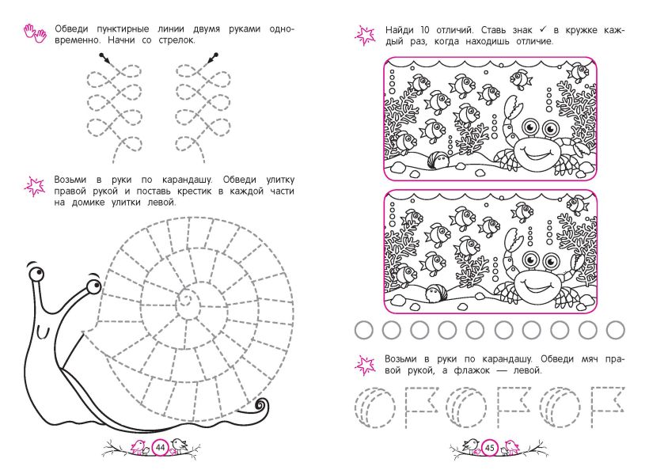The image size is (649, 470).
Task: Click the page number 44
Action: (160, 447)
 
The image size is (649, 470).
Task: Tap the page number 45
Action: (490, 448)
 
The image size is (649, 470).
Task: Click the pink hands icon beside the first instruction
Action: (35, 33)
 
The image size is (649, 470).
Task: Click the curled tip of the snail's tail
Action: (262, 404)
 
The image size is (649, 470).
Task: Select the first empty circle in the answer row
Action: (364, 330)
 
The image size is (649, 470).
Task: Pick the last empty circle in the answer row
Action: (616, 330)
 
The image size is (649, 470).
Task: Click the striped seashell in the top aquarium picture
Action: (438, 160)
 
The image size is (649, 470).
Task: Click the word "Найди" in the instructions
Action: (400, 30)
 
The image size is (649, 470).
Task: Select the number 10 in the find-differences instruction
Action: (425, 30)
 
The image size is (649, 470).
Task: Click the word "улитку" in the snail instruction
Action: (280, 180)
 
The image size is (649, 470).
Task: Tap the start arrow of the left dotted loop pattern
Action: (104, 59)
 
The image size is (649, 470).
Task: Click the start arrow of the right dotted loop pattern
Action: (211, 59)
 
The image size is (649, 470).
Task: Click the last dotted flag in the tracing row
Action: (607, 407)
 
